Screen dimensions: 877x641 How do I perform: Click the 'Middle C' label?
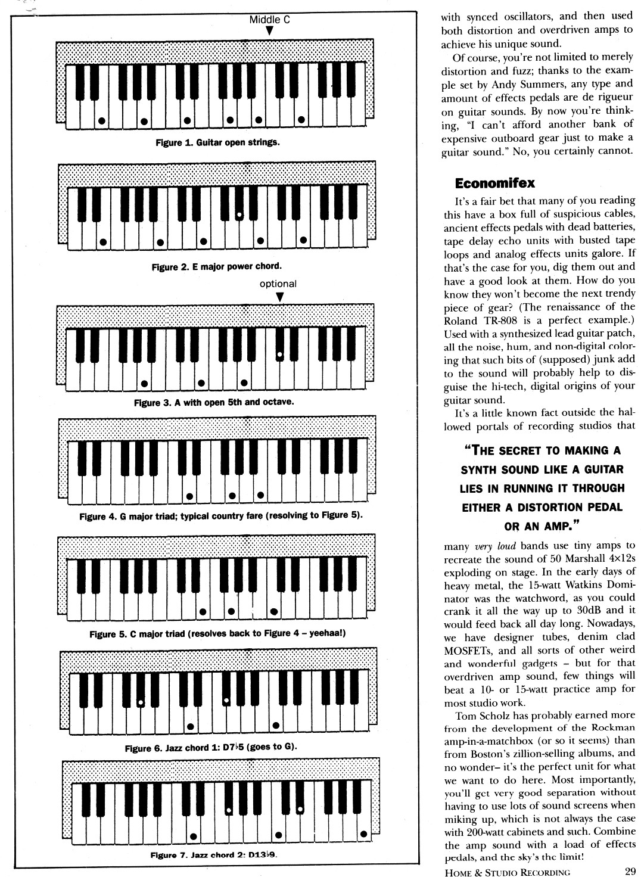coord(269,20)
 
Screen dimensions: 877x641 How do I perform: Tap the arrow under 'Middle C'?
coord(269,30)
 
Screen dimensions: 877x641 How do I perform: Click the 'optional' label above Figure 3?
coord(278,284)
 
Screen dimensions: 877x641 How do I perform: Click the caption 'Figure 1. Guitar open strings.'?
coord(217,143)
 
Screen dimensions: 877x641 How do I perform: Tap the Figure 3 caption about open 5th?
coord(214,402)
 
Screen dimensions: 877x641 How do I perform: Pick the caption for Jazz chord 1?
coord(211,747)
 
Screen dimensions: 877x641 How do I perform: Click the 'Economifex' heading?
coord(495,182)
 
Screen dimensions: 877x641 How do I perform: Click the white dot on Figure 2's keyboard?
coord(239,214)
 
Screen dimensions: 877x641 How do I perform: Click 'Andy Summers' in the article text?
coord(520,84)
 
